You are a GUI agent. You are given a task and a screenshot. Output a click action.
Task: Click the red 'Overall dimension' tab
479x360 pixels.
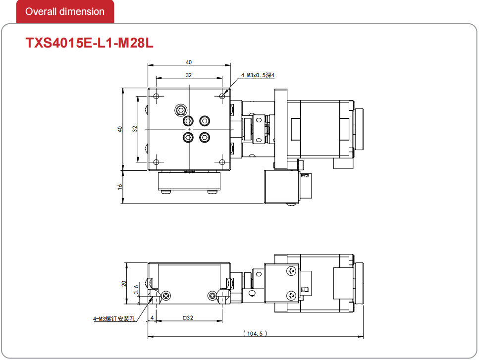[x=65, y=11]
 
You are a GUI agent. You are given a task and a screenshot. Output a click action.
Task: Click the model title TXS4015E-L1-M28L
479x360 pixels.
[x=89, y=43]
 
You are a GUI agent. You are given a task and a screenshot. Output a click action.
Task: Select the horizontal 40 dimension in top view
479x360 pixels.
[x=189, y=62]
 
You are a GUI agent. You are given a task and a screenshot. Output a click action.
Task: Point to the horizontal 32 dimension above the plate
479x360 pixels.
[x=189, y=75]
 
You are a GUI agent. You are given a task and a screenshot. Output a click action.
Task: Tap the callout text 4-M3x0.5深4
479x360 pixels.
[x=258, y=75]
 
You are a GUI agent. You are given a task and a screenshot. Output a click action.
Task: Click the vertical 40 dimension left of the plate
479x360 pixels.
[x=120, y=129]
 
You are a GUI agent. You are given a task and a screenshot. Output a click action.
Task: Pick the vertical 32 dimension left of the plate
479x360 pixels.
[x=135, y=129]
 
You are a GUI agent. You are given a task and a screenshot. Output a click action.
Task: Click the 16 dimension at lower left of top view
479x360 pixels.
[x=120, y=187]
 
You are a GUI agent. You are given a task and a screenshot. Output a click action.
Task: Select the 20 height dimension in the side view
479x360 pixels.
[x=124, y=284]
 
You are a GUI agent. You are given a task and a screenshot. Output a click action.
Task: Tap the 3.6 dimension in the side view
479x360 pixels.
[x=137, y=290]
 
